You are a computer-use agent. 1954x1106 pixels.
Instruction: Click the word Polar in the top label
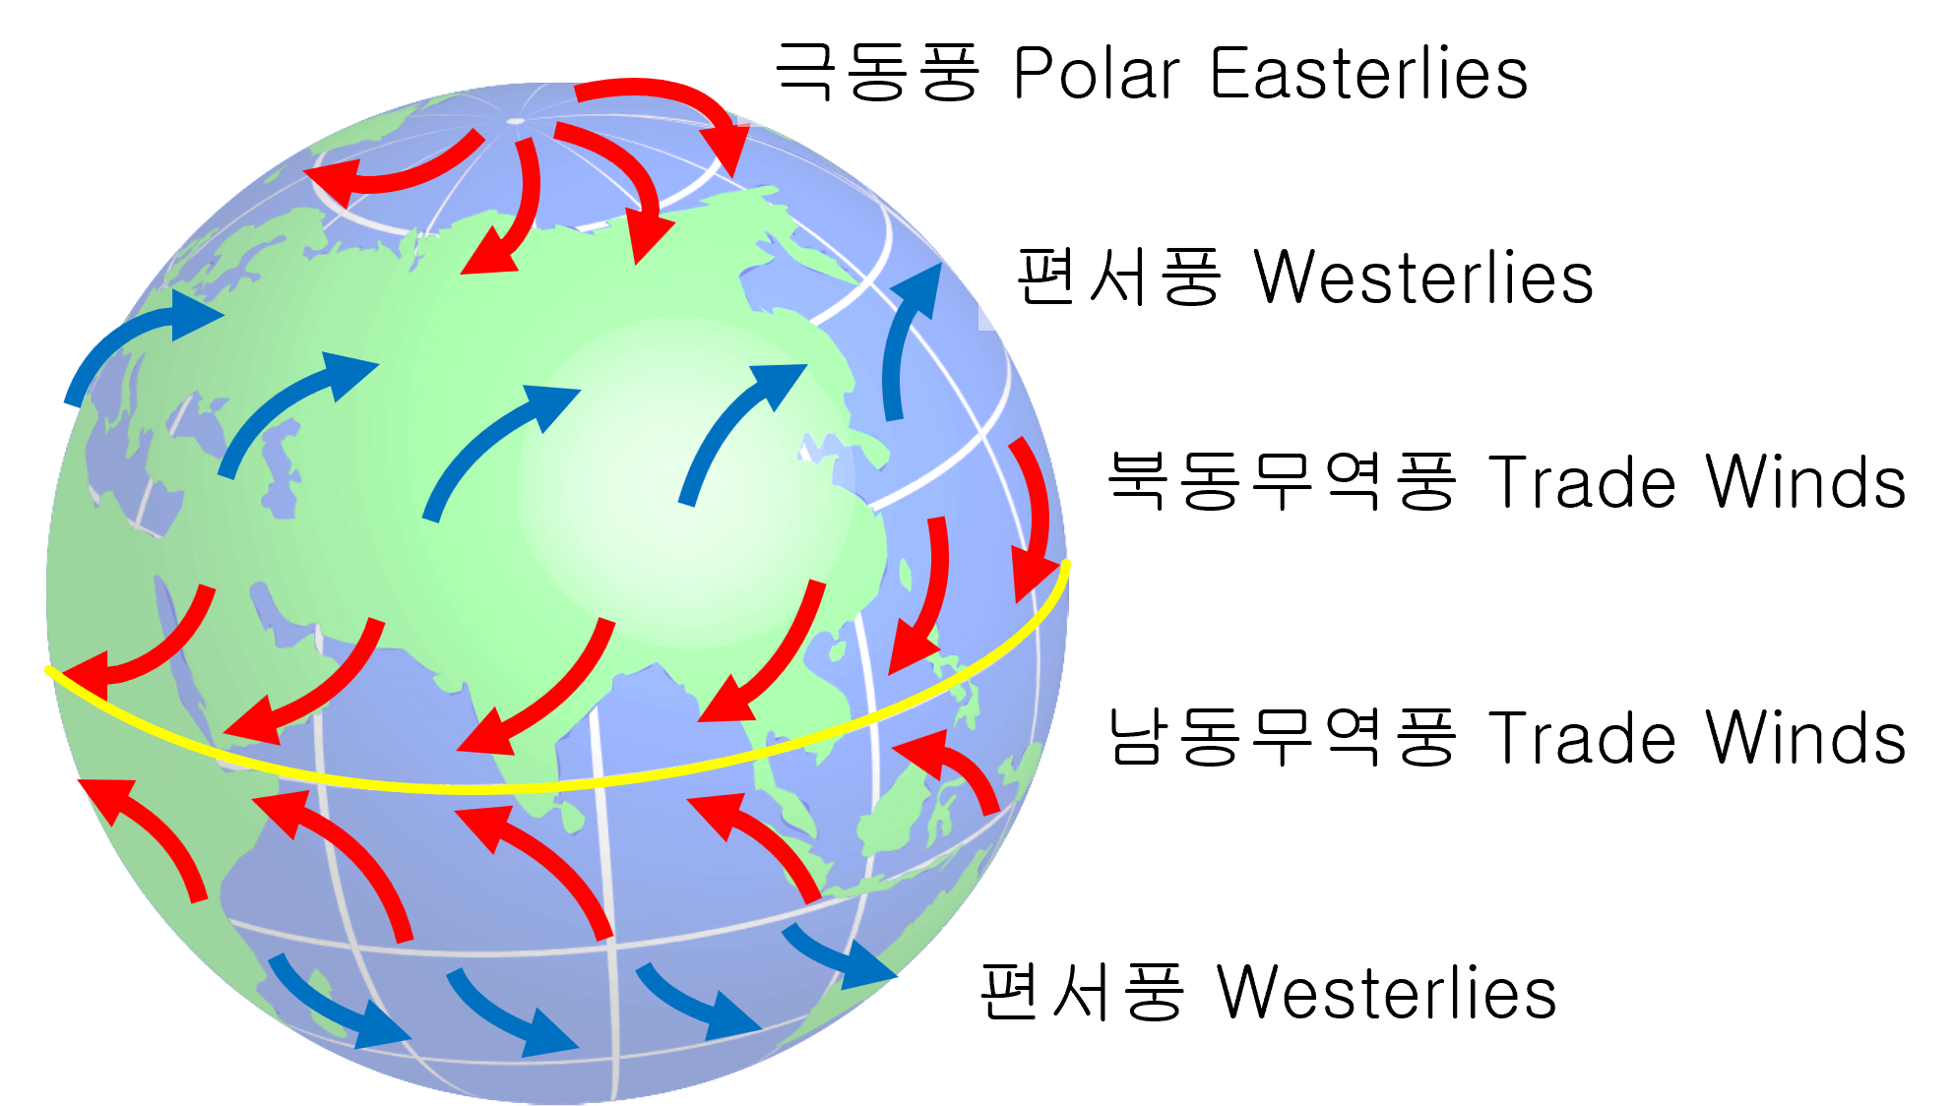[x=1097, y=73]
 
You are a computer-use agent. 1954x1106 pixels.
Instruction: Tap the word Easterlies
[x=1369, y=73]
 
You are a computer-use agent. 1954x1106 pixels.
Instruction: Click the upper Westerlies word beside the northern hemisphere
[x=1423, y=277]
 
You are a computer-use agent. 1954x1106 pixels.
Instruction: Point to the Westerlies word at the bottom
[x=1387, y=992]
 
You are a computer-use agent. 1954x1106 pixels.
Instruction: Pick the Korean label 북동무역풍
[x=1282, y=481]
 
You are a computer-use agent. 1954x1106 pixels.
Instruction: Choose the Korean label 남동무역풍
[x=1282, y=737]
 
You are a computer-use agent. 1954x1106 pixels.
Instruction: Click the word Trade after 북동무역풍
[x=1582, y=482]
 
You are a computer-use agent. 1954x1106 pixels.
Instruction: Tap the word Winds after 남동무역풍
[x=1806, y=738]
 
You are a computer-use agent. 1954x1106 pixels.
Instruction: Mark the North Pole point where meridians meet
[x=516, y=121]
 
